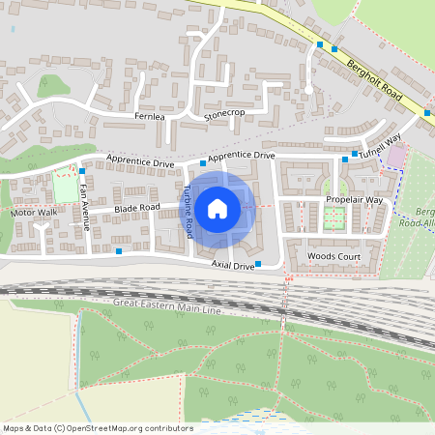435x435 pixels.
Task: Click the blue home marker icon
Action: [217, 208]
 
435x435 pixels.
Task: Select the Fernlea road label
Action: [150, 116]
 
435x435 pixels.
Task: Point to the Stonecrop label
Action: [224, 115]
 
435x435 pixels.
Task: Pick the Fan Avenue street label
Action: [85, 205]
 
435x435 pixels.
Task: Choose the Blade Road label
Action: [136, 208]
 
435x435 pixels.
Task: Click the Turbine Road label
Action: [188, 212]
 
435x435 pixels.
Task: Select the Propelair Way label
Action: [354, 199]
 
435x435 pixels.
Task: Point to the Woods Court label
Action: [333, 256]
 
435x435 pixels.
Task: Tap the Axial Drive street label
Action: [232, 264]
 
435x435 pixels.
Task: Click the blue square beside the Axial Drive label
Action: [258, 263]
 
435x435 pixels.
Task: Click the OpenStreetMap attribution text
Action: [98, 427]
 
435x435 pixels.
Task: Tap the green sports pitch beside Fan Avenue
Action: [66, 188]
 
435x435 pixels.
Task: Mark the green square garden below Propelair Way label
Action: [334, 218]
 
